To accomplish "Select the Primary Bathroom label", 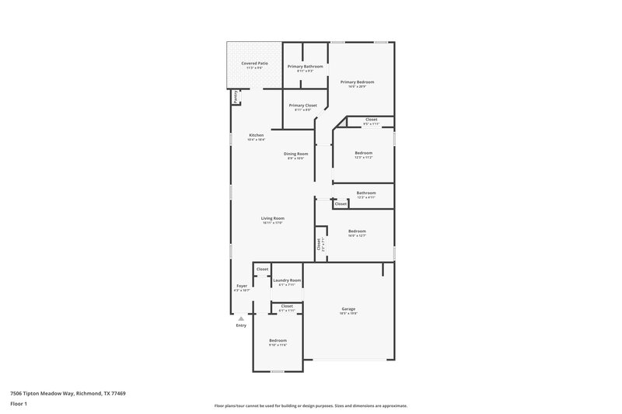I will pos(305,67).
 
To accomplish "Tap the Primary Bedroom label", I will pos(358,82).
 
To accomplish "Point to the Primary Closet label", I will pos(302,106).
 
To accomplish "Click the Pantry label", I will pos(235,97).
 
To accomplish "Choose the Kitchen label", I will pos(256,136).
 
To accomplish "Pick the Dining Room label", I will pos(295,155).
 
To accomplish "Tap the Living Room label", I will pos(272,219).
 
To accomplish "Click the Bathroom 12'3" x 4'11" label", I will pos(365,193).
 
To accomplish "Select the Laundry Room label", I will pos(287,280).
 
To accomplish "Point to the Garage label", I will pos(348,309).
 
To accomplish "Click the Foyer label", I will pos(242,287).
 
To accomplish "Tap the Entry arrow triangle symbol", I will pos(241,318).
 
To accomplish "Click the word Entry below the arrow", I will pos(241,325).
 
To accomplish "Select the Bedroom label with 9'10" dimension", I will pos(278,341).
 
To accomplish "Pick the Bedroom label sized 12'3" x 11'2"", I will pos(364,153).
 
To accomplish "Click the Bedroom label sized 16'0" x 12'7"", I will pos(357,231).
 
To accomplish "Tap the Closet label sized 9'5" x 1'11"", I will pos(371,120).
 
